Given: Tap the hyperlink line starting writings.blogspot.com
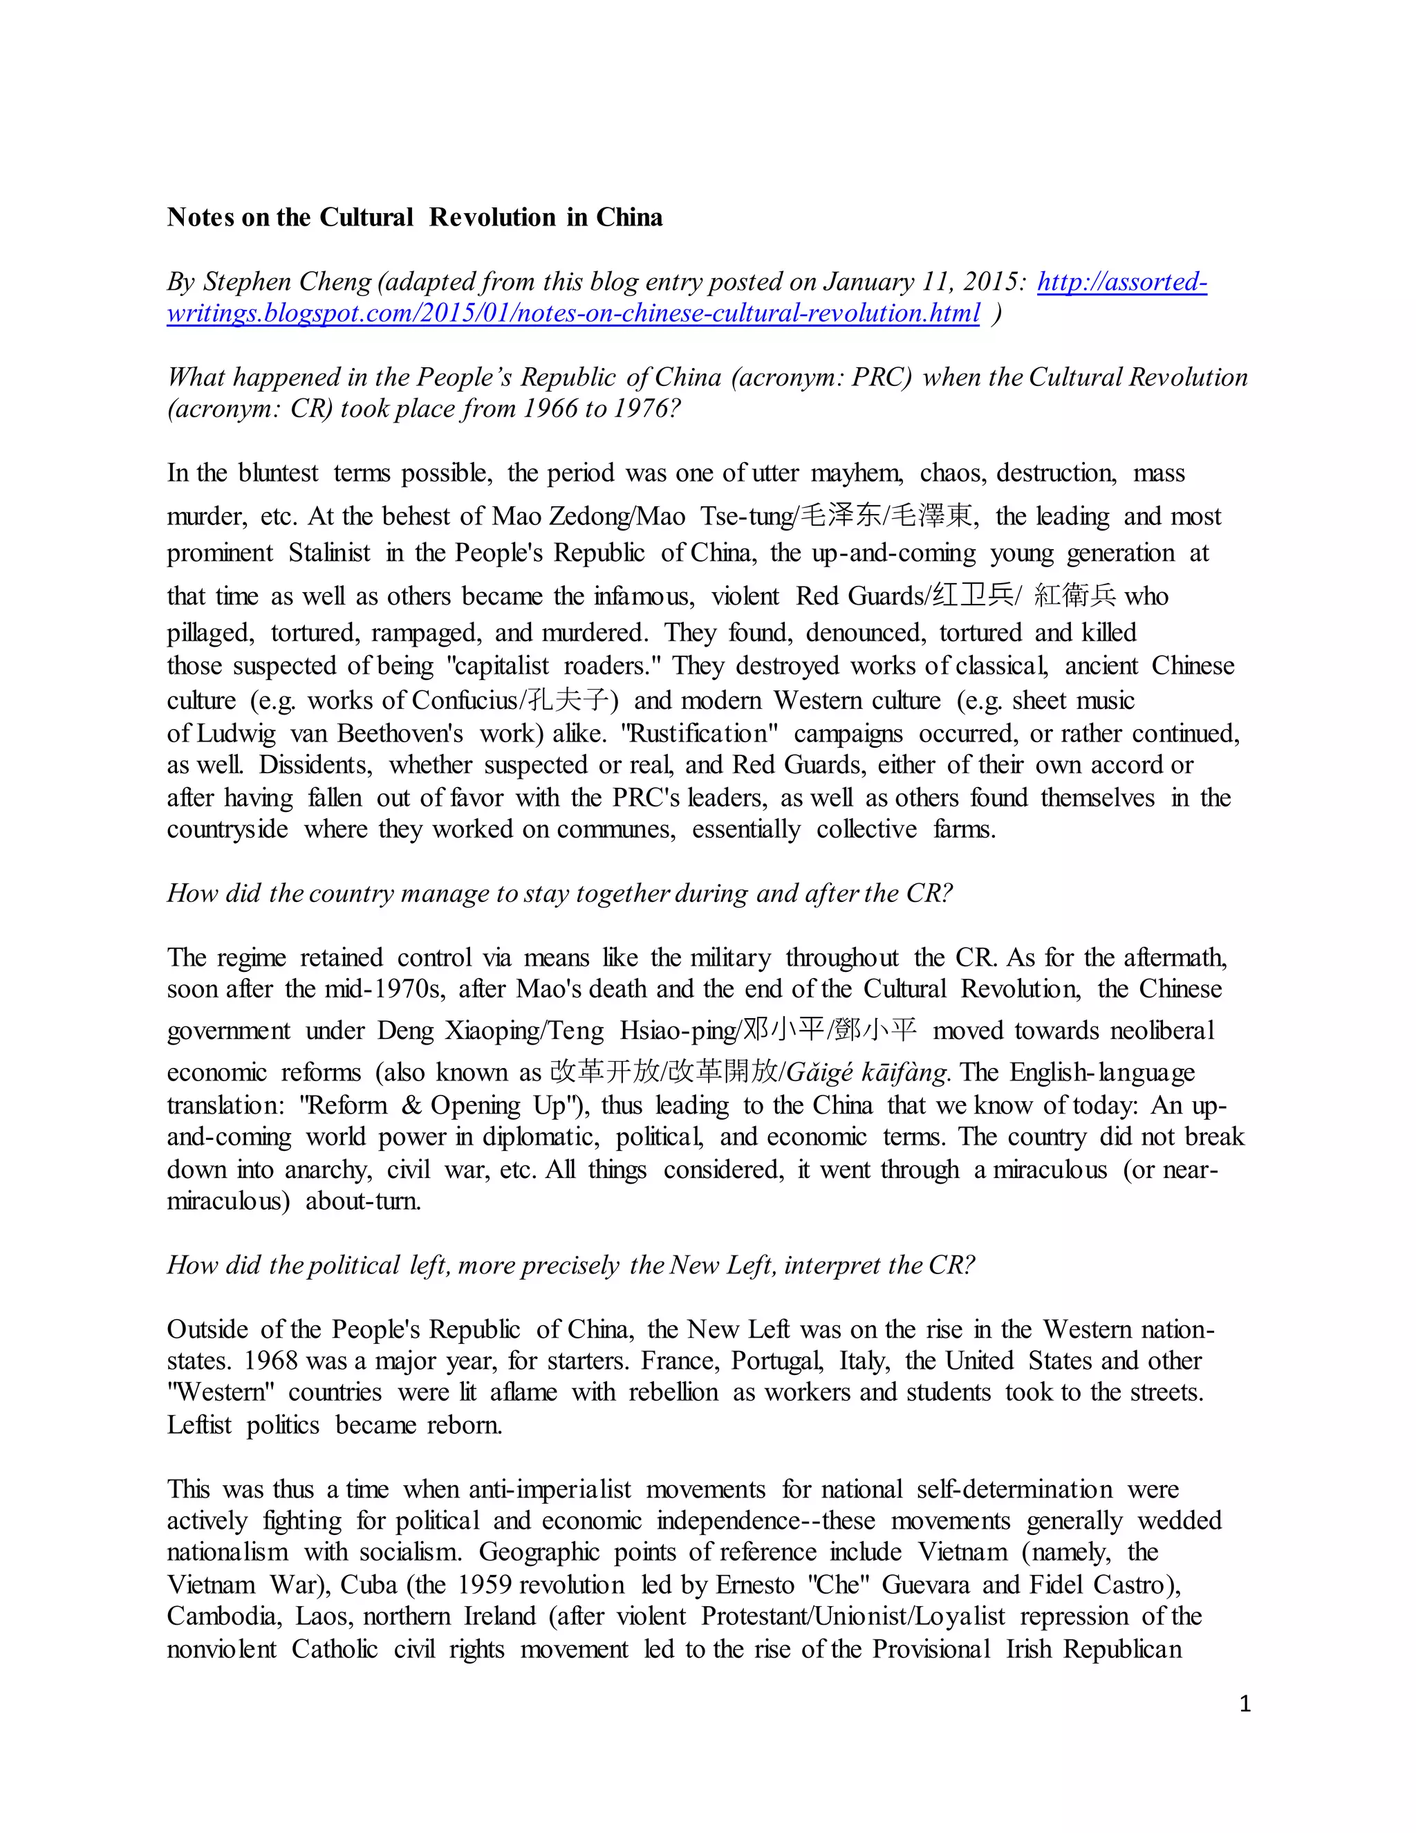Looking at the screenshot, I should tap(573, 314).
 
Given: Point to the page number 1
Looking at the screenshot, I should tap(1245, 1704).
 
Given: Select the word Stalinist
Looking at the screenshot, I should tap(329, 553).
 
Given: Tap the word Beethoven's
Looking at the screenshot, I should tap(400, 733).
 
